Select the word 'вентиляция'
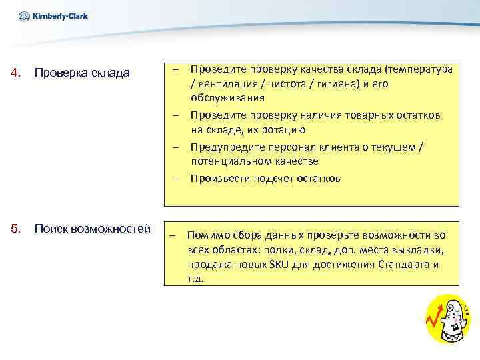[x=227, y=85]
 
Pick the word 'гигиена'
[x=335, y=85]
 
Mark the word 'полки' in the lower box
[x=277, y=249]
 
